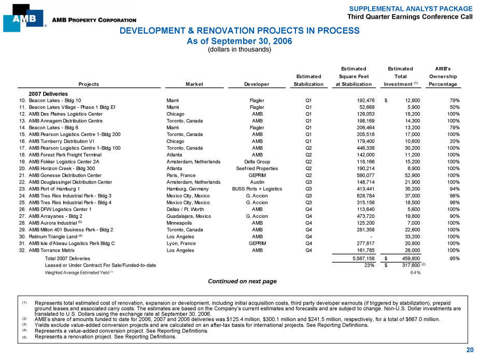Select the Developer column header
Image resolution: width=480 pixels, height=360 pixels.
pyautogui.click(x=257, y=84)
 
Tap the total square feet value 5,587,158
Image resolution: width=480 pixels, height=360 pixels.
pyautogui.click(x=357, y=258)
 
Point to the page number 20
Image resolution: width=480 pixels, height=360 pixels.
pyautogui.click(x=470, y=350)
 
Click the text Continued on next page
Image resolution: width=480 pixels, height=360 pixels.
pyautogui.click(x=242, y=282)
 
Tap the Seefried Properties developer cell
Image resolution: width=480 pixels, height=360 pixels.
pyautogui.click(x=257, y=169)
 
